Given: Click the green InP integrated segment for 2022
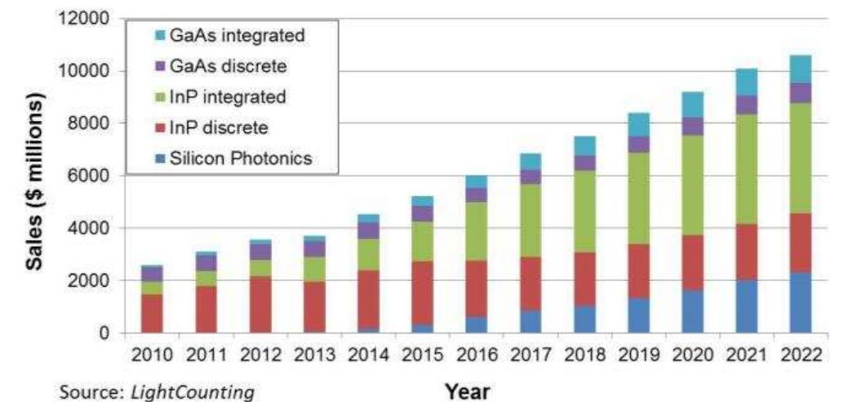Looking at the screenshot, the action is (x=801, y=158).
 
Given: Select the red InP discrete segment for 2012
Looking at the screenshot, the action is (x=260, y=305).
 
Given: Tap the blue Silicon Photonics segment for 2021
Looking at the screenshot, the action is (x=747, y=306).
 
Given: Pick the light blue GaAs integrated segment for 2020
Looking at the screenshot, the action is (x=693, y=105).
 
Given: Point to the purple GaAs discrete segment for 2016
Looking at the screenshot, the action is (x=477, y=195).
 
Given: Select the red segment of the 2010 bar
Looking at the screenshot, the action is (x=151, y=313).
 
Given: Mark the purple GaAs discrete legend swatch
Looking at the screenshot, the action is (x=158, y=67).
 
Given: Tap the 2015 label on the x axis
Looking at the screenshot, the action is (x=422, y=356).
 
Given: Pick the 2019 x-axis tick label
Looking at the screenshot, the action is (x=638, y=356).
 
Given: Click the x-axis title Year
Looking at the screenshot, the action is (x=467, y=391).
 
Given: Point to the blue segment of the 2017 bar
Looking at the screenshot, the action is (x=531, y=322).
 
